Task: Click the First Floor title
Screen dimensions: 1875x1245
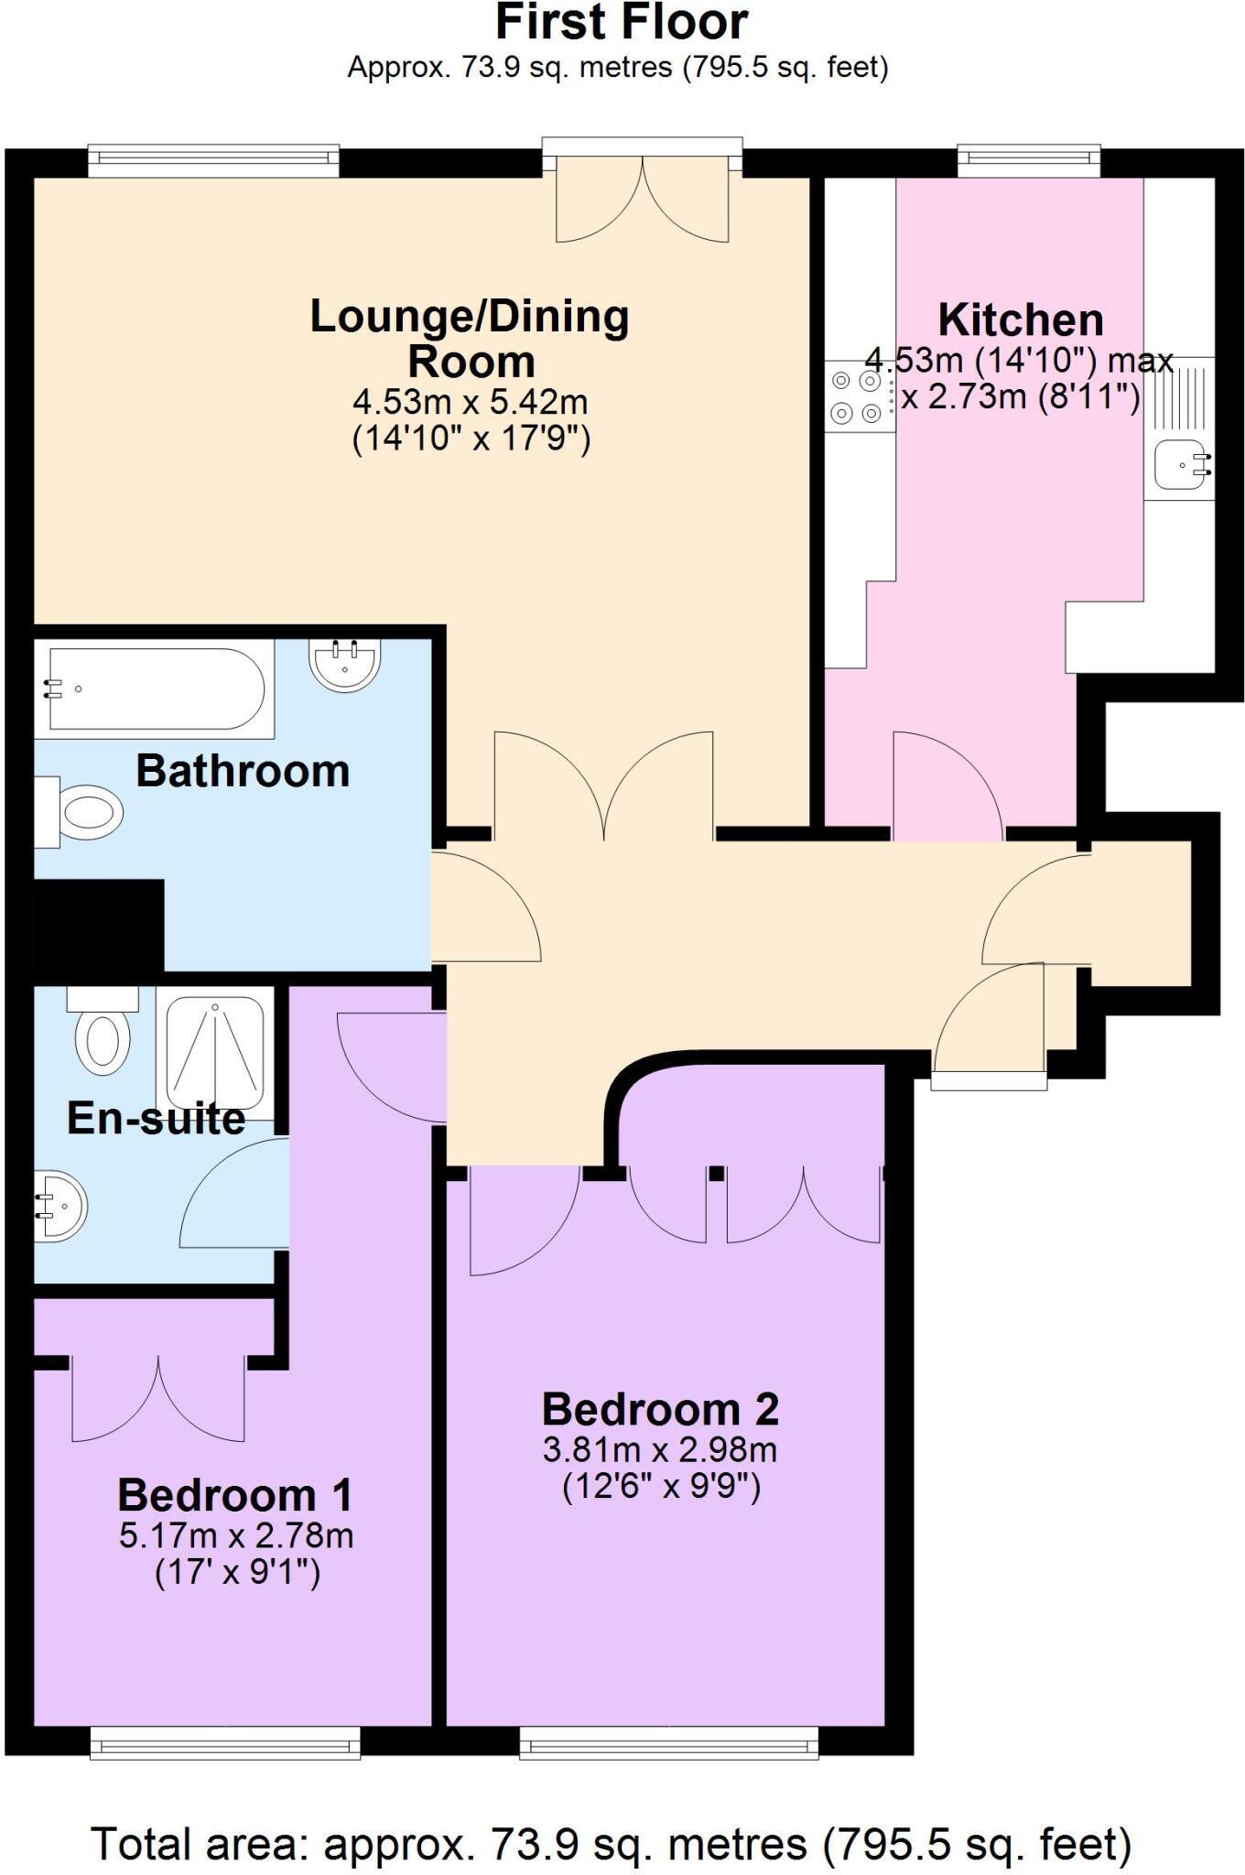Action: tap(622, 22)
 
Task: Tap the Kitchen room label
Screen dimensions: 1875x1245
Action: tap(1020, 320)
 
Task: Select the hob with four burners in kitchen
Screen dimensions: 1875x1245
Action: tap(855, 397)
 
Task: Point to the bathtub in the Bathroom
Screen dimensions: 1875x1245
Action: tap(156, 688)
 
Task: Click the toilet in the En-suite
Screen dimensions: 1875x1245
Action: tap(102, 1035)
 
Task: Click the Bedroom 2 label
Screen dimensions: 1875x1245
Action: tap(660, 1409)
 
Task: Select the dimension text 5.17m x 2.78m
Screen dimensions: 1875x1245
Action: tap(236, 1535)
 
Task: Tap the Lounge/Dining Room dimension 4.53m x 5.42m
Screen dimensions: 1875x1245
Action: tap(470, 402)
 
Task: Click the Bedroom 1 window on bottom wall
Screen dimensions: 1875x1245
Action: tap(224, 1743)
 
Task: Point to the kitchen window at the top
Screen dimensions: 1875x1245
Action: tap(1029, 161)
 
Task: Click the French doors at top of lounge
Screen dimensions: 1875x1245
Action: tap(642, 197)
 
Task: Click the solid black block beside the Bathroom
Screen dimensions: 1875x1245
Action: tap(98, 925)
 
